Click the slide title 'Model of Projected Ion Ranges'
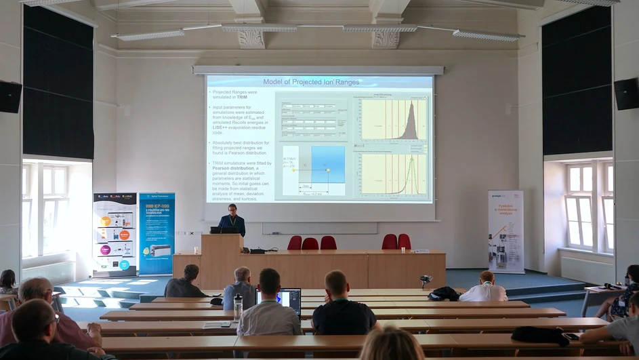point(321,82)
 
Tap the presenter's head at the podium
point(232,209)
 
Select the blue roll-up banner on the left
point(157,233)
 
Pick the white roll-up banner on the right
point(506,231)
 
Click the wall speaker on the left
point(10,97)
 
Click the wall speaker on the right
point(625,94)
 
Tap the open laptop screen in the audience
point(290,301)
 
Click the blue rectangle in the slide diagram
point(328,165)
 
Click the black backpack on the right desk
point(540,335)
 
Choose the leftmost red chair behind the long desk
point(295,242)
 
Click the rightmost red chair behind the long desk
point(405,241)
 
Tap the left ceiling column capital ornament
point(251,38)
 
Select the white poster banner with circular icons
point(115,234)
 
